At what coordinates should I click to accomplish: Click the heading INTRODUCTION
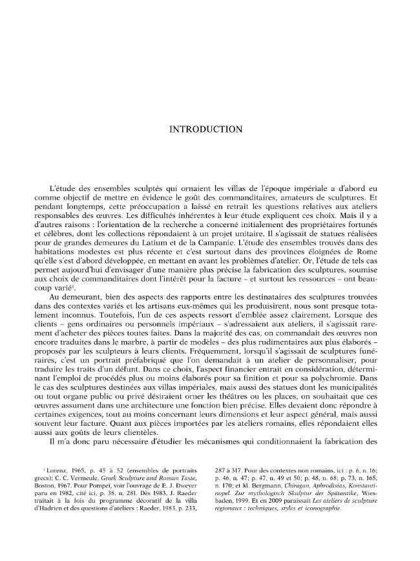(x=205, y=129)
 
